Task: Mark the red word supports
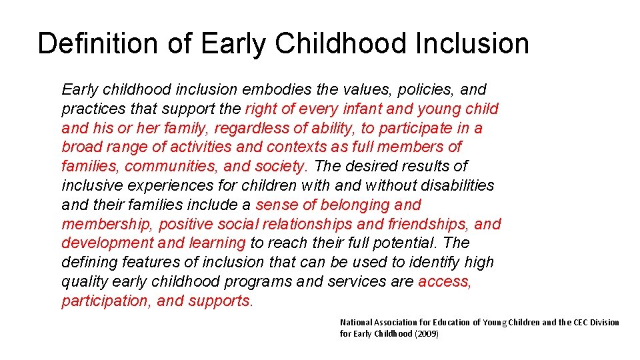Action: click(221, 301)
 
